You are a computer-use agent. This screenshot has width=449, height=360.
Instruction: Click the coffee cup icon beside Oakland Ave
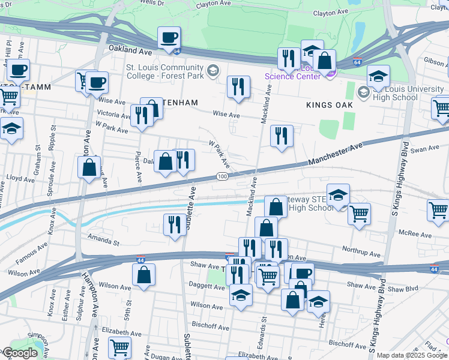point(169,38)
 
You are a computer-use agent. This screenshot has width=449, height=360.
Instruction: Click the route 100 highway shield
point(221,176)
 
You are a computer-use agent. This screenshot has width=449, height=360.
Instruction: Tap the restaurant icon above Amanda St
point(175,225)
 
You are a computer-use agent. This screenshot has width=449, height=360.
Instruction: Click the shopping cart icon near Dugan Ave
point(120,347)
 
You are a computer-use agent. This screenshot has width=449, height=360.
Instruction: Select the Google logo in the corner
point(19,353)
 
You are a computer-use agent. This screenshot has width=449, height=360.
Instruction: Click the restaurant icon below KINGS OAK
point(281,136)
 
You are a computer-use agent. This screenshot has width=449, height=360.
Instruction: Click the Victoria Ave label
point(114,113)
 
